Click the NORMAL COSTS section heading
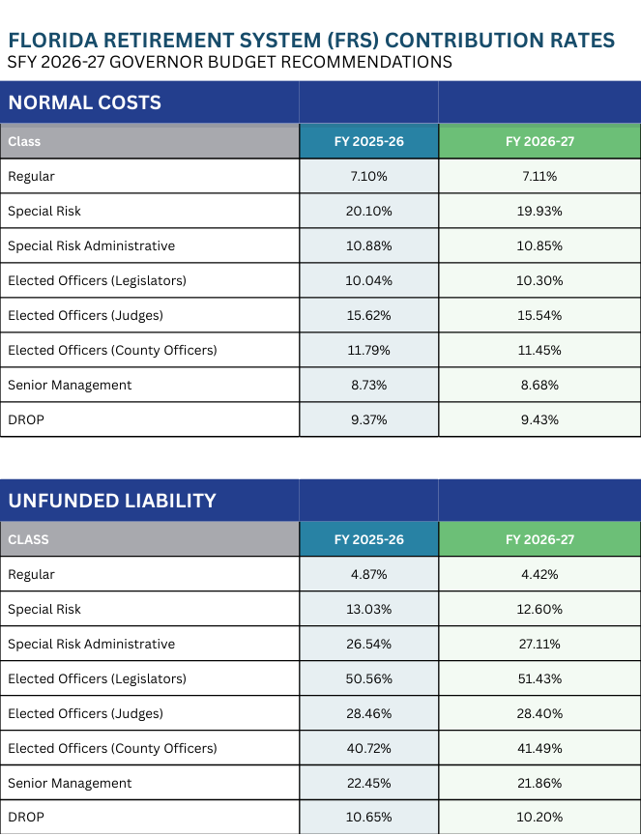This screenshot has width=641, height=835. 84,102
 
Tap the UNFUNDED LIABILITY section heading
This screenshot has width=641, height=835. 111,501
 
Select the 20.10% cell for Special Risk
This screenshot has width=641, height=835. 368,211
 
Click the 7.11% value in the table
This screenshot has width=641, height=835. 539,176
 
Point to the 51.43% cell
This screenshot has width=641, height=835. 539,678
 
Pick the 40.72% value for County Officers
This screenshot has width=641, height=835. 368,748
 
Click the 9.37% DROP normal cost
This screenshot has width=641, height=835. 368,419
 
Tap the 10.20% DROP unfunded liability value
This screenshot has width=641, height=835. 539,818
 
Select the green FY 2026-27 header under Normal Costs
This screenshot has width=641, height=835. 539,141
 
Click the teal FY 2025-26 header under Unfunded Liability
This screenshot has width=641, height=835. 368,539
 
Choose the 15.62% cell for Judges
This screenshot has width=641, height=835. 368,315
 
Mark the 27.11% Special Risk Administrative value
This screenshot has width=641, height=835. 539,644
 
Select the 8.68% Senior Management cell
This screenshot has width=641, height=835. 539,385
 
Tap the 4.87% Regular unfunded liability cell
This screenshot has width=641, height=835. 368,574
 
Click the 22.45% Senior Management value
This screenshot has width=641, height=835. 368,783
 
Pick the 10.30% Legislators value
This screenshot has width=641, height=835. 539,280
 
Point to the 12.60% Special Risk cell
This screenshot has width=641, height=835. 539,609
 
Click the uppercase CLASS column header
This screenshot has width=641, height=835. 28,539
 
